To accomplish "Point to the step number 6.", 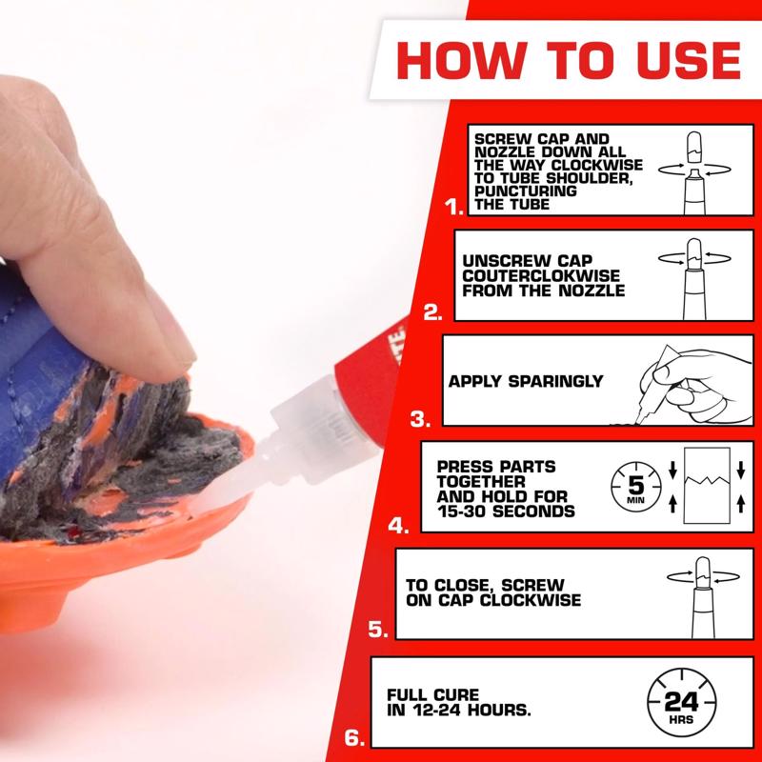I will click(351, 737).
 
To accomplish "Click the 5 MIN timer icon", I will click(630, 484).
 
